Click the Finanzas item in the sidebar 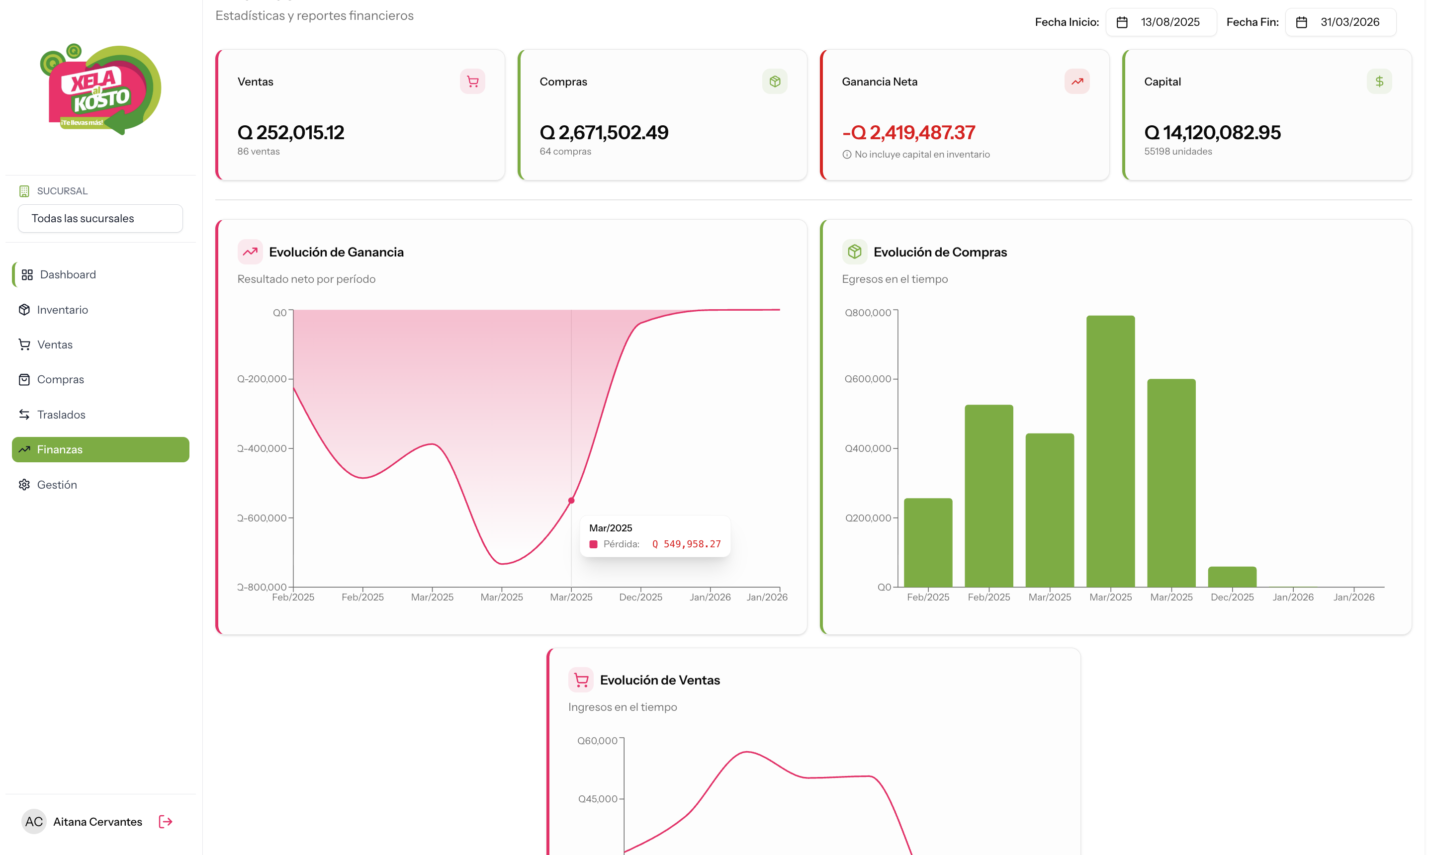100,449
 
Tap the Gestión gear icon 24,485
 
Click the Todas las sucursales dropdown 100,218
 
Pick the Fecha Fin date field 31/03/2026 1341,22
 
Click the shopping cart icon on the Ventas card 472,81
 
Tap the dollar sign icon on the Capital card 1379,81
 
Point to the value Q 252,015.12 290,133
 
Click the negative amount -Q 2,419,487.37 908,133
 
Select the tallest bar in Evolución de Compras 1111,451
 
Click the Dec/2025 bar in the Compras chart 1232,577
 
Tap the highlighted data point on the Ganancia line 571,501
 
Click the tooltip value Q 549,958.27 686,544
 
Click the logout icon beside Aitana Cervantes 166,822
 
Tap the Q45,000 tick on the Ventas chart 597,798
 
